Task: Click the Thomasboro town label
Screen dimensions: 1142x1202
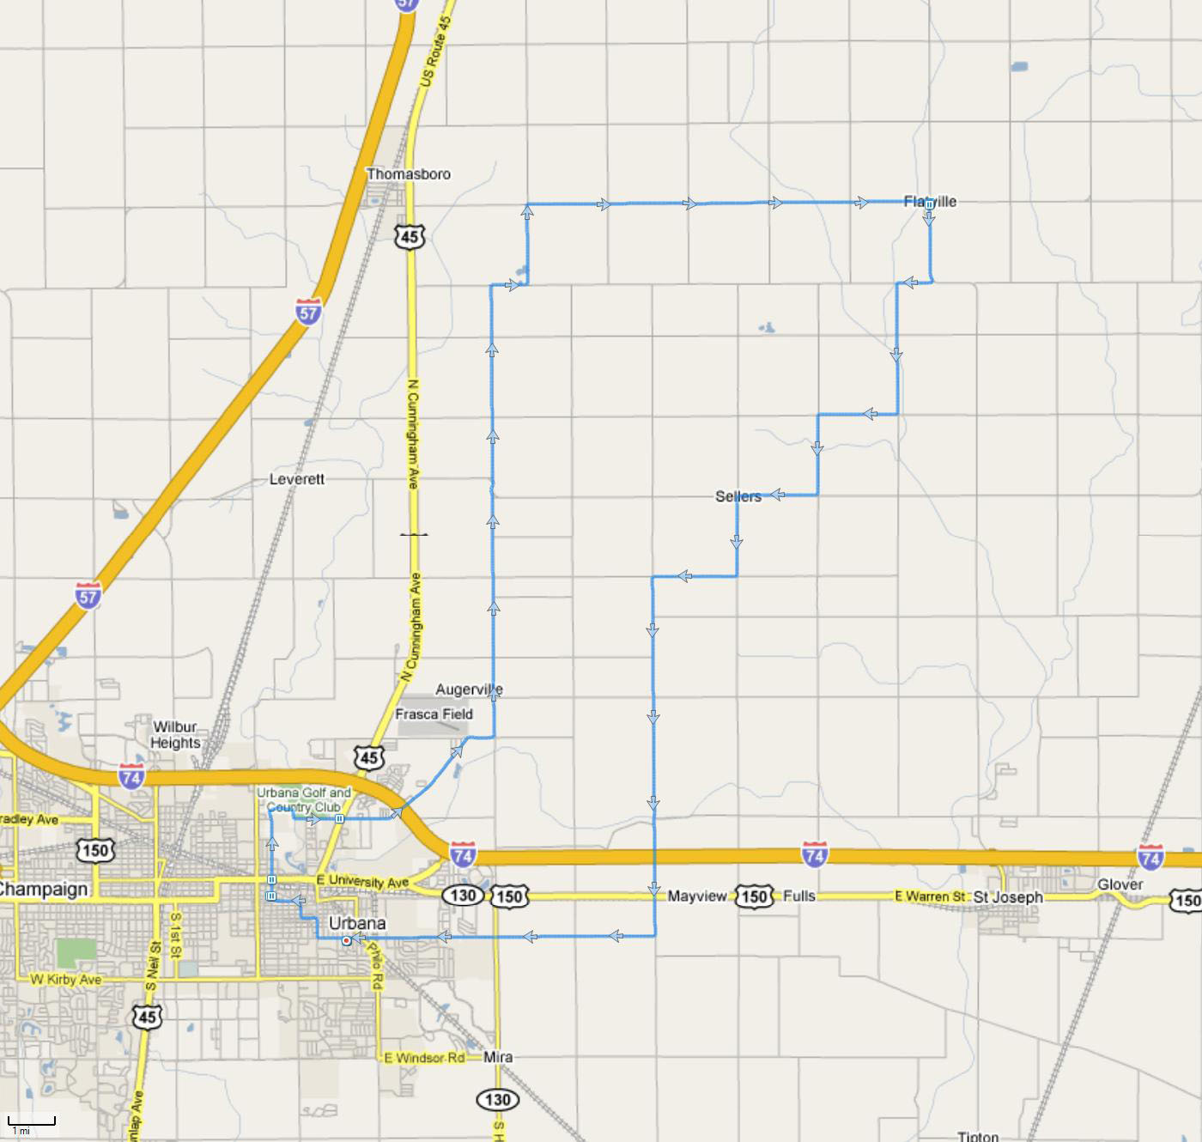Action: (x=409, y=174)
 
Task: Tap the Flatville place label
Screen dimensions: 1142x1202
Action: (x=930, y=202)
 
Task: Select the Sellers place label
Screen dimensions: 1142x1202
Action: (x=738, y=496)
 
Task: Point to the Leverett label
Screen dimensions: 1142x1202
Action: (x=297, y=479)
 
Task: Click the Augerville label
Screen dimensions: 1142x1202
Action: (x=469, y=689)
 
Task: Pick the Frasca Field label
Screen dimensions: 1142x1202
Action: (x=434, y=714)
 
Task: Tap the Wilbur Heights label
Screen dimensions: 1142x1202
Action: (x=175, y=735)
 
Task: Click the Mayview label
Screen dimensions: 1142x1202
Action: (x=697, y=896)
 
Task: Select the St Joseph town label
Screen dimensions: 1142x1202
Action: (x=1008, y=897)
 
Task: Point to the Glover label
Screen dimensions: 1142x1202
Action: (x=1120, y=884)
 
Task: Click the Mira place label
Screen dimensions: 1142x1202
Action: (x=498, y=1057)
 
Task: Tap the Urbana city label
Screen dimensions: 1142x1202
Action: (x=357, y=923)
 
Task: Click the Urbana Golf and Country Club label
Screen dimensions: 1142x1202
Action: (x=304, y=799)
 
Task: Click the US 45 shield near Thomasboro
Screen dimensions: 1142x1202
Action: (x=410, y=236)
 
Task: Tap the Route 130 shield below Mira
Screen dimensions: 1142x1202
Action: (x=497, y=1099)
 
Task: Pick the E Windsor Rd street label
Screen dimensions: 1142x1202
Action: (x=424, y=1058)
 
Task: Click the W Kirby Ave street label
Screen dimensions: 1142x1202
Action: (x=65, y=980)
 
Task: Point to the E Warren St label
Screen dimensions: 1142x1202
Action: (x=930, y=896)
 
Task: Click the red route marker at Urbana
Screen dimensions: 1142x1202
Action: (x=346, y=941)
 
